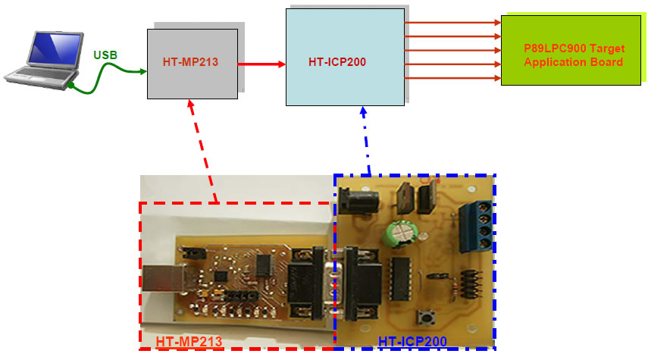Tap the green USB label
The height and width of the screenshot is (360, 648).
[x=105, y=55]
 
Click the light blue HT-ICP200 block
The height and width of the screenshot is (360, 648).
[x=344, y=61]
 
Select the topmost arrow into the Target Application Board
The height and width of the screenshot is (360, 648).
[x=452, y=23]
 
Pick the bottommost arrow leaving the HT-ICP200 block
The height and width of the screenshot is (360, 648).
[x=452, y=78]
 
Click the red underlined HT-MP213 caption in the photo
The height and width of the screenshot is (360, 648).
[x=189, y=342]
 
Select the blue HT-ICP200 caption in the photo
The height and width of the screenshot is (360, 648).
[x=412, y=342]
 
